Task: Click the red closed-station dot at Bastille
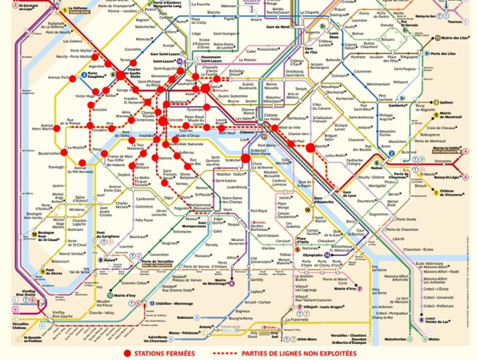tap(310, 146)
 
